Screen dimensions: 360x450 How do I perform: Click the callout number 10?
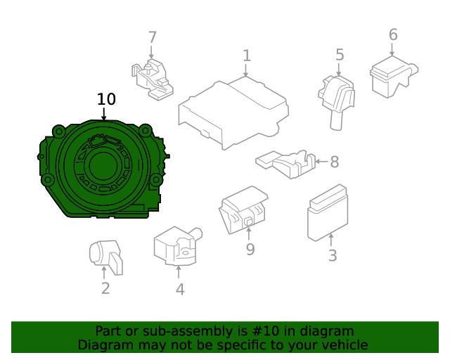(106, 99)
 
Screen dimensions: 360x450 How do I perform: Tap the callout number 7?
(152, 38)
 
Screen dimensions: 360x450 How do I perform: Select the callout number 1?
(246, 56)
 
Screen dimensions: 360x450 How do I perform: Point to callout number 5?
(340, 55)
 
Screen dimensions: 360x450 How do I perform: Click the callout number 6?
(393, 34)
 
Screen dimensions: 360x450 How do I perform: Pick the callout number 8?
(334, 162)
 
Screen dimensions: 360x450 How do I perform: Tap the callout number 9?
(250, 249)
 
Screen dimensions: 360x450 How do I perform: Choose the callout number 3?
(332, 255)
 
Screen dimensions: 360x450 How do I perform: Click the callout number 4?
(180, 288)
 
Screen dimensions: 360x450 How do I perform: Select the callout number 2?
(105, 288)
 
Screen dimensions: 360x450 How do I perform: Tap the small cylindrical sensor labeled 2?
(105, 255)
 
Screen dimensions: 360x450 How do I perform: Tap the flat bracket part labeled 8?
(285, 163)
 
